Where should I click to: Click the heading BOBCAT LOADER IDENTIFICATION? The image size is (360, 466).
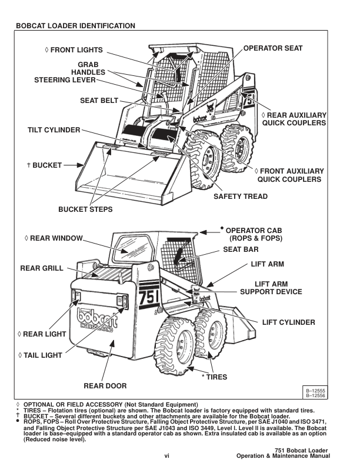point(76,26)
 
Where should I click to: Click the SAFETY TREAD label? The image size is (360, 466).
point(241,197)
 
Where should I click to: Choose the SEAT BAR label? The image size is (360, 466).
point(242,249)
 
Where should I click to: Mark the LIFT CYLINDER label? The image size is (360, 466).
point(288,322)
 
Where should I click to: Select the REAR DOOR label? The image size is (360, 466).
point(105,386)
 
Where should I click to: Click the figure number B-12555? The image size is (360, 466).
point(316,391)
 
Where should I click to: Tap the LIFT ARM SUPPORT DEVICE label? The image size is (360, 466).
point(271,287)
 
